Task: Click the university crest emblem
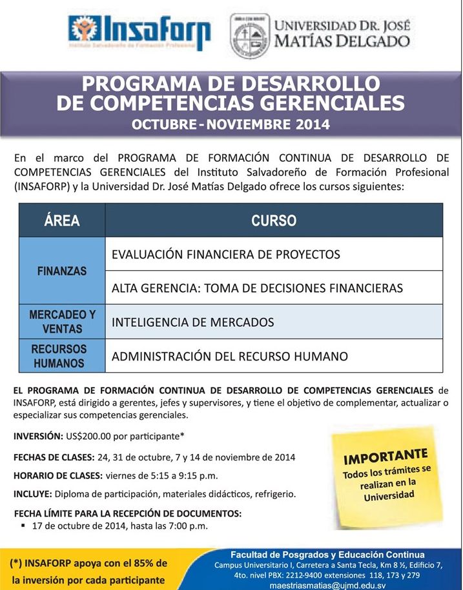249,36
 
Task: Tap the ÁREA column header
62,221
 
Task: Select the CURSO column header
274,221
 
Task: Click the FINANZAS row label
62,271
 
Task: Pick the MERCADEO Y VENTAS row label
62,321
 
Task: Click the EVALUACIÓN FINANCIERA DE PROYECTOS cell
225,254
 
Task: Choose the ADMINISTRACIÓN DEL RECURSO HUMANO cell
229,356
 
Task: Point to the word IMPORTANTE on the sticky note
386,457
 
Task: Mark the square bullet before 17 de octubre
23,525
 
